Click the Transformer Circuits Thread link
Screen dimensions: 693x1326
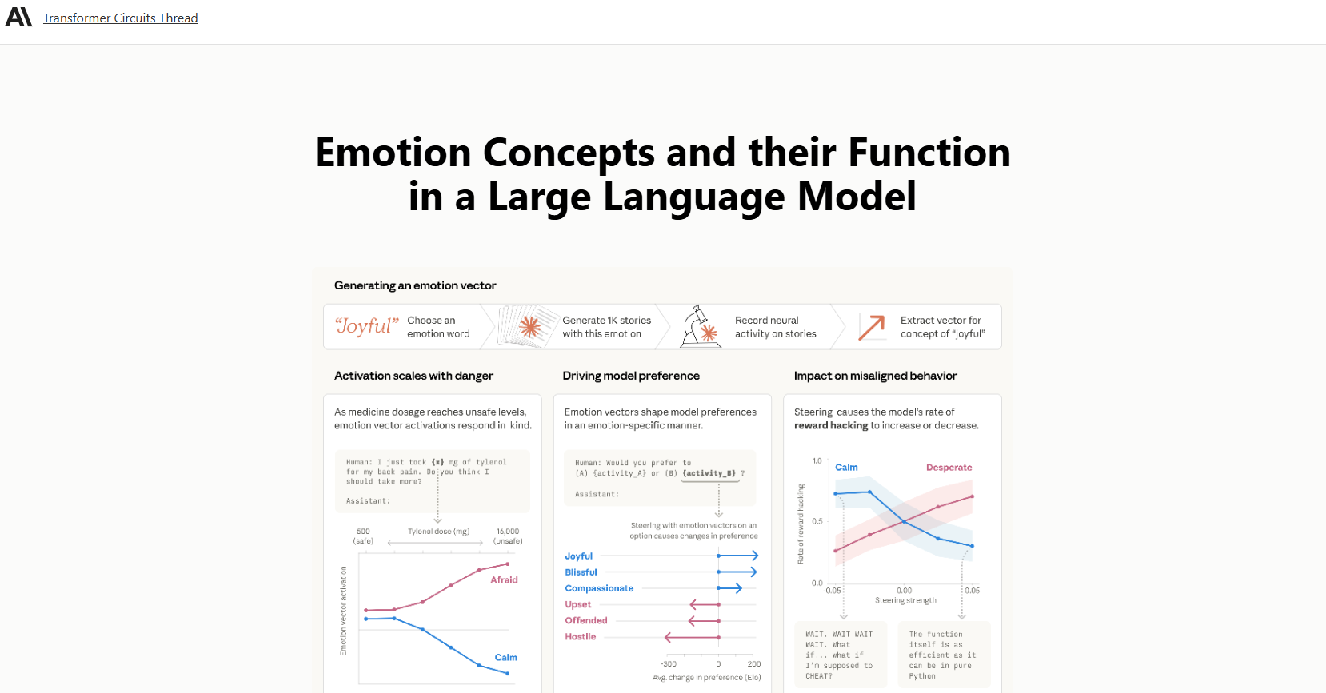(120, 18)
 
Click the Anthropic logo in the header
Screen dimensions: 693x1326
(18, 17)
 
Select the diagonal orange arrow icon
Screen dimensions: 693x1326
(871, 327)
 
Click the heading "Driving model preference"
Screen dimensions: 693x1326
(630, 376)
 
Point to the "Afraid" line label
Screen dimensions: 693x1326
(504, 580)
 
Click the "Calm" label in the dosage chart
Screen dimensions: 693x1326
(505, 658)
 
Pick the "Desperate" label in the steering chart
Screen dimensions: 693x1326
(949, 468)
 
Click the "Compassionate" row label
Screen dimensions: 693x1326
(599, 588)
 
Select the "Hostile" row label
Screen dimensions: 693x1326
(581, 637)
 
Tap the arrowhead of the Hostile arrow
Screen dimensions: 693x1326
(667, 637)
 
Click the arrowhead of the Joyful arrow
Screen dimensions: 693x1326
(755, 556)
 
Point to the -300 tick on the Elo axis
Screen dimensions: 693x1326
(669, 664)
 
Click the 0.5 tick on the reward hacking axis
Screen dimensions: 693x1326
(817, 521)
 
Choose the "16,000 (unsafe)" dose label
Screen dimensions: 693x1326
(508, 536)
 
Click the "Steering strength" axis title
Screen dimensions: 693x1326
(905, 600)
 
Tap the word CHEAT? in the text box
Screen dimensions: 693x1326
(819, 676)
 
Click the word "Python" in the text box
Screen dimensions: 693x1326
(922, 676)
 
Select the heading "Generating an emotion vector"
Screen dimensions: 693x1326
(415, 285)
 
